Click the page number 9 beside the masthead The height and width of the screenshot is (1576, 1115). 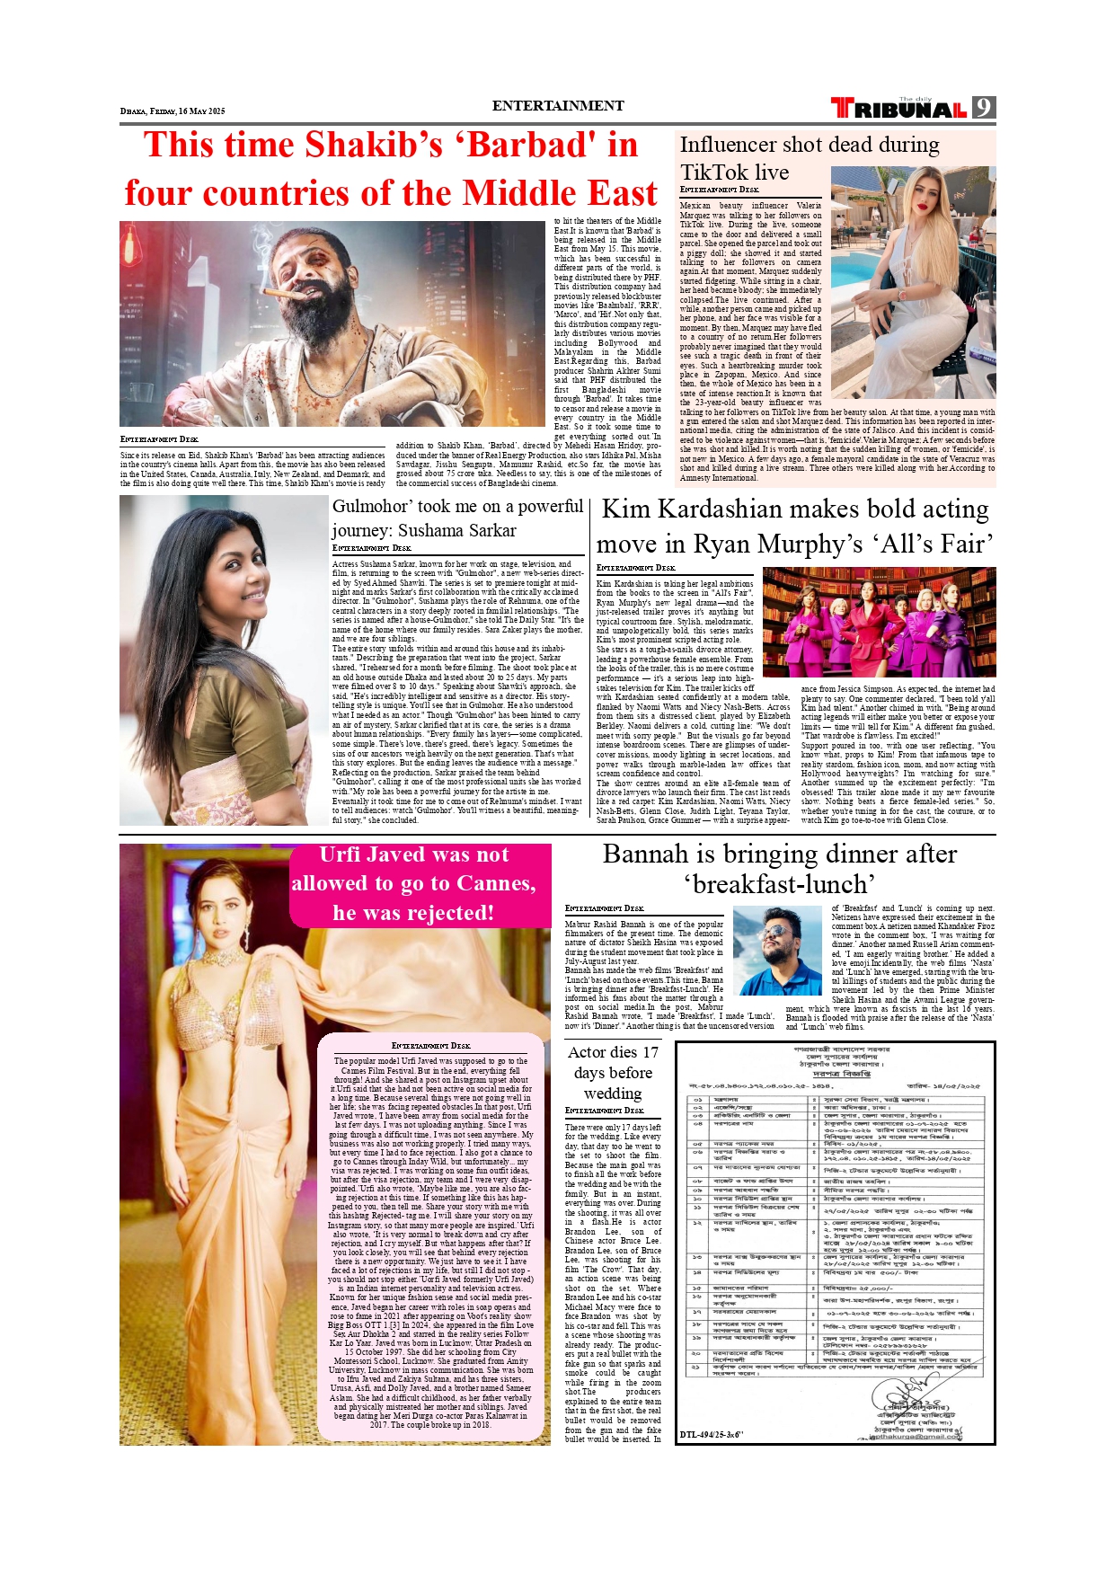point(984,108)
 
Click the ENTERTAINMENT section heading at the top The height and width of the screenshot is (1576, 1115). point(557,106)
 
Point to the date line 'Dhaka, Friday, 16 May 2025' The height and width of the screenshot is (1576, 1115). point(173,111)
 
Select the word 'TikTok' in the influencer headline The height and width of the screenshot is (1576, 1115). point(715,173)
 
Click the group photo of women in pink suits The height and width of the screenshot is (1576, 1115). point(878,622)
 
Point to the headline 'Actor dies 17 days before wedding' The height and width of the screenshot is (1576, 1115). point(613,1073)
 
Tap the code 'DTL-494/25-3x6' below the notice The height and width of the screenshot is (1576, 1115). point(712,1435)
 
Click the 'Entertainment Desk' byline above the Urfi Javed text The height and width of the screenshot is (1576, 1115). point(430,1046)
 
